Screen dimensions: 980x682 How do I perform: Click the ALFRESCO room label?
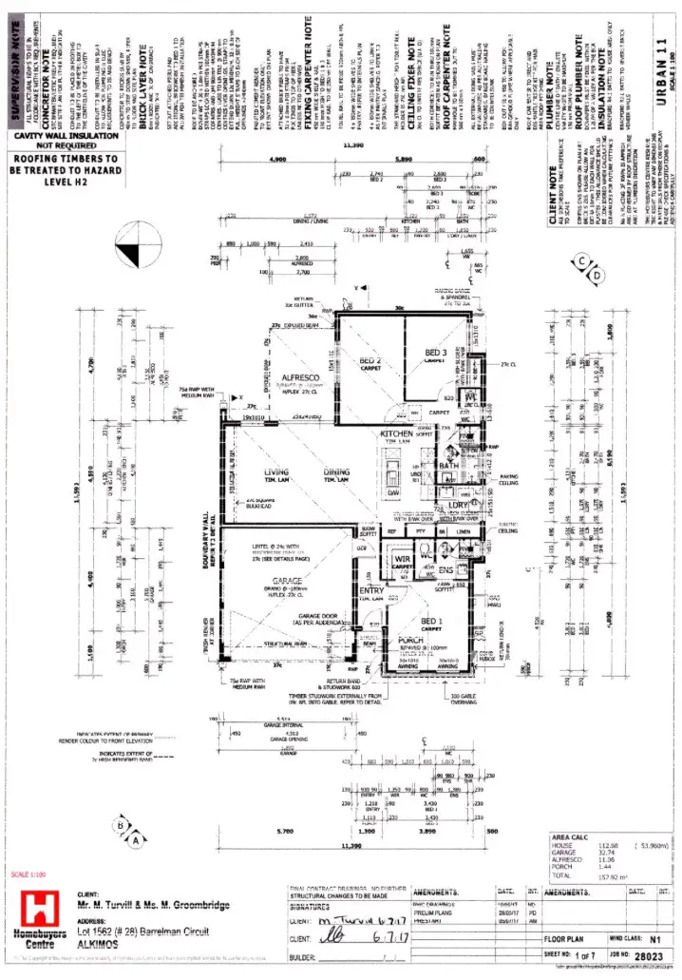(299, 377)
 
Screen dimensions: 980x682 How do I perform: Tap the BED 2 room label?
(370, 362)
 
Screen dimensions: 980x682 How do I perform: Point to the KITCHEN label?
(397, 433)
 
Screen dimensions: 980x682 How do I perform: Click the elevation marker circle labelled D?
(597, 276)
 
